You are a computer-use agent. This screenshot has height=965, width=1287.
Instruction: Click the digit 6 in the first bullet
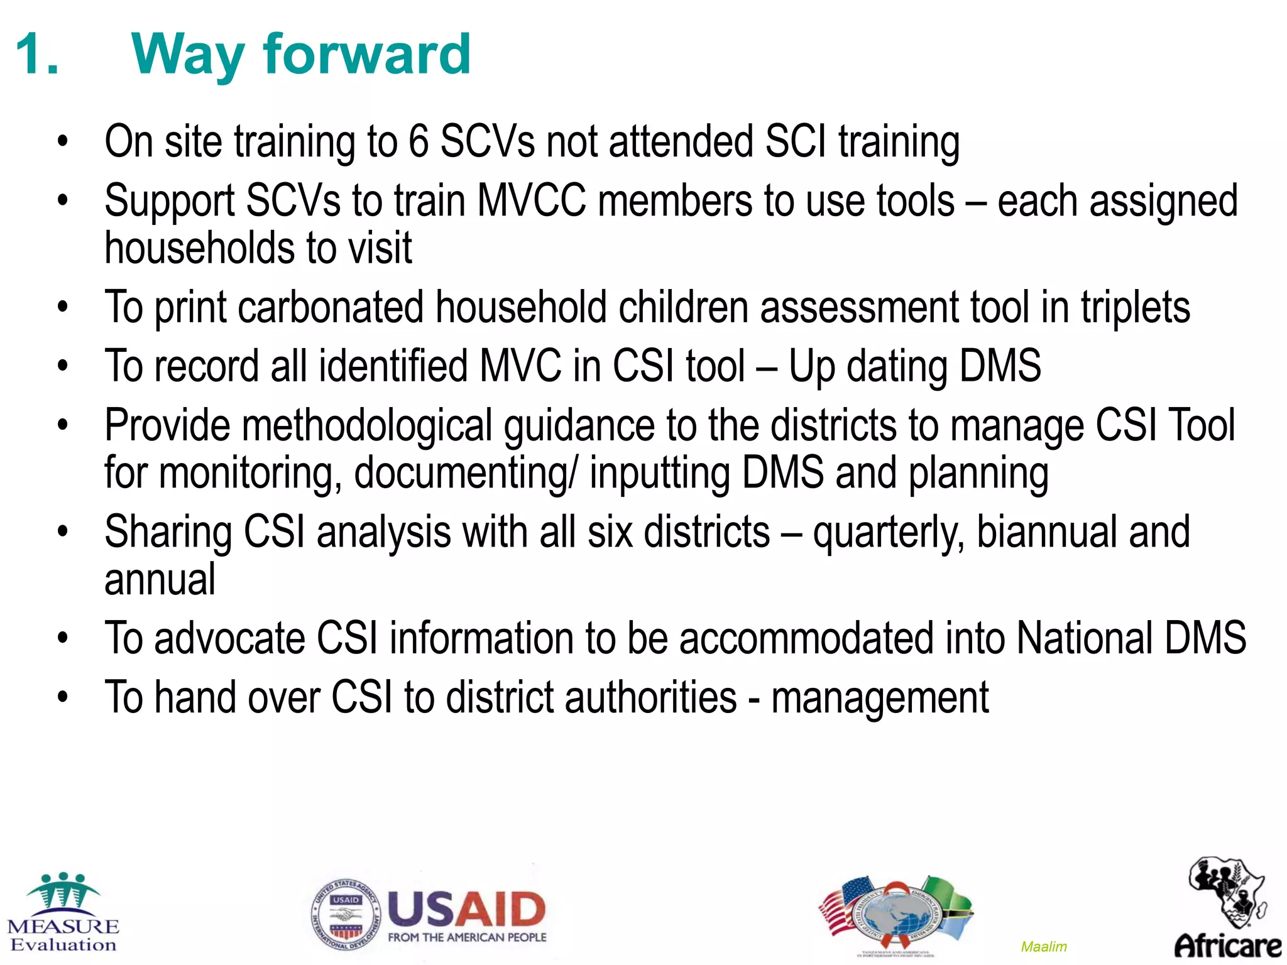click(419, 141)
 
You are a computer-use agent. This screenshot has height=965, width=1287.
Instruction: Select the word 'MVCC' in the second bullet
click(532, 201)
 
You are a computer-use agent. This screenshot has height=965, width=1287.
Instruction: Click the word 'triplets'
click(1135, 308)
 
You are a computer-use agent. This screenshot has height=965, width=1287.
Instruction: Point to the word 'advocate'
click(229, 638)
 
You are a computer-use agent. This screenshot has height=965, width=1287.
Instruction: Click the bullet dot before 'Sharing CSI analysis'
click(62, 532)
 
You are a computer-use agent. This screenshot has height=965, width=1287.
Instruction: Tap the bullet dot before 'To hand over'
click(62, 697)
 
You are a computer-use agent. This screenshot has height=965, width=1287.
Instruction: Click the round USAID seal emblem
click(346, 914)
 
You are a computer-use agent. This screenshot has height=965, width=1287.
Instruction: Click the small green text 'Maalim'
click(1044, 946)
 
